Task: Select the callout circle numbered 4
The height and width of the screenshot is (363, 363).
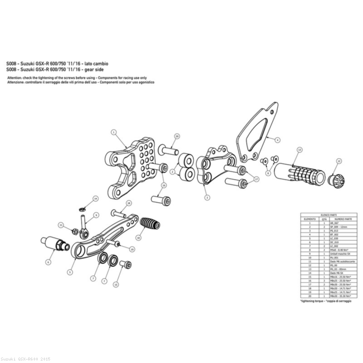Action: click(277, 140)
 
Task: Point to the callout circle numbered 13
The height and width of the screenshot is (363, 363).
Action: click(299, 149)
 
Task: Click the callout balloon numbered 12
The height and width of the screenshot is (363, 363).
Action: click(339, 161)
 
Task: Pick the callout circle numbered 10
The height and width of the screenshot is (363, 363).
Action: click(138, 238)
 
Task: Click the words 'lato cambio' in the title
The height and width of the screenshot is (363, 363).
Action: click(96, 64)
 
